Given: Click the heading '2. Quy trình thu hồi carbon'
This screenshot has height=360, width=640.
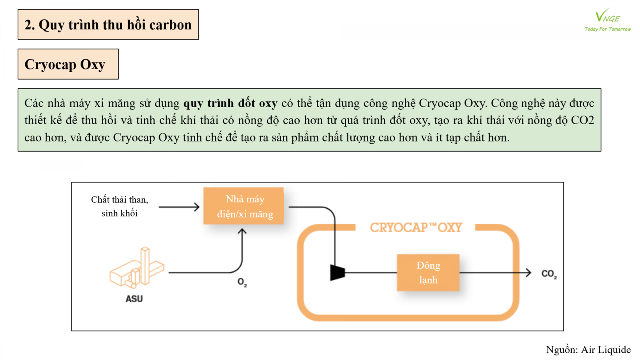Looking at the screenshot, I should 108,25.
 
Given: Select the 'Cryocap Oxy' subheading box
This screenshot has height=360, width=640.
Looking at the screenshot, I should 68,64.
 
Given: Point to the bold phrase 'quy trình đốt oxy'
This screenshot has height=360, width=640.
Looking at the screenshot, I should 230,104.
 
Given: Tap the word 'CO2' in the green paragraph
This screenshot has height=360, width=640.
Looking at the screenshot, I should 582,120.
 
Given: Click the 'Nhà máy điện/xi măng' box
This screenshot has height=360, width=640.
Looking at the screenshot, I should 245,206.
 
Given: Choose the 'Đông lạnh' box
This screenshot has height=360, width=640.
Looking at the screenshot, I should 428,273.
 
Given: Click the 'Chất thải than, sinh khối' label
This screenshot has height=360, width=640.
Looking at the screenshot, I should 120,206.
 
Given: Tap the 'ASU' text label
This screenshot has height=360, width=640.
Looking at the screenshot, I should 134,299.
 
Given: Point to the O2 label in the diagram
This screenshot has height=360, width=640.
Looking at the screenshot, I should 242,282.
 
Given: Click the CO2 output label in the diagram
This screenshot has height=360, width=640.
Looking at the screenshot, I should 549,274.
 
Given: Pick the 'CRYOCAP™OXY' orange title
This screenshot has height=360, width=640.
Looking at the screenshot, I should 416,228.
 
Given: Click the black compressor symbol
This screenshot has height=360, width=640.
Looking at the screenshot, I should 337,273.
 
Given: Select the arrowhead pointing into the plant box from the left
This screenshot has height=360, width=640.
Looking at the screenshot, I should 196,207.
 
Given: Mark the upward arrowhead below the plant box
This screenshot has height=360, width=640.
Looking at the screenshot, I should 242,232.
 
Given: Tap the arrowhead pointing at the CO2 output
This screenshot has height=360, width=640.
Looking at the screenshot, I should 528,273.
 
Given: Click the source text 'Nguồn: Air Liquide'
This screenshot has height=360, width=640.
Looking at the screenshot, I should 588,350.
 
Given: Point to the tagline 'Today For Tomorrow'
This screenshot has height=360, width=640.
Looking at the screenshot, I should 607,29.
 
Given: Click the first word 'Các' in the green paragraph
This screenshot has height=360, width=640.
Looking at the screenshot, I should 34,104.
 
